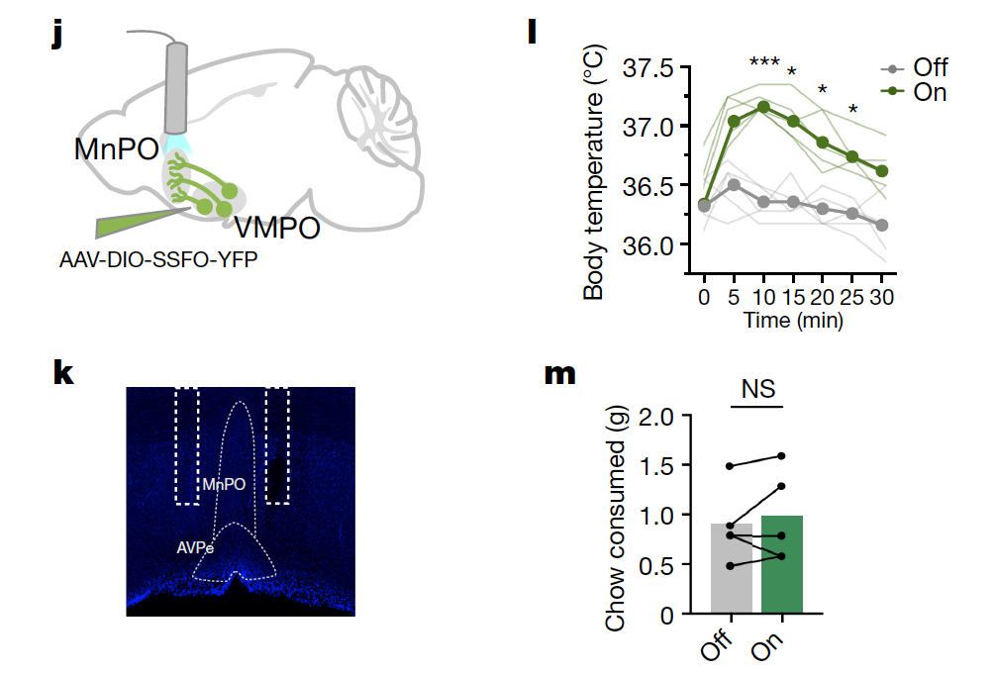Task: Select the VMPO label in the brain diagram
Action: (x=277, y=230)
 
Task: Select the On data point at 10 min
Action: (x=763, y=107)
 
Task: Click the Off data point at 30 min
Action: (x=882, y=225)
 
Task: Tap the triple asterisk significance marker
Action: (x=763, y=64)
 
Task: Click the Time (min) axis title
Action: (x=794, y=321)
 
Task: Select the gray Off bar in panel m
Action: (x=732, y=568)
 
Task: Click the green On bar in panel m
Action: (x=782, y=564)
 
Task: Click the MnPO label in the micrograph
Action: (x=223, y=485)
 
